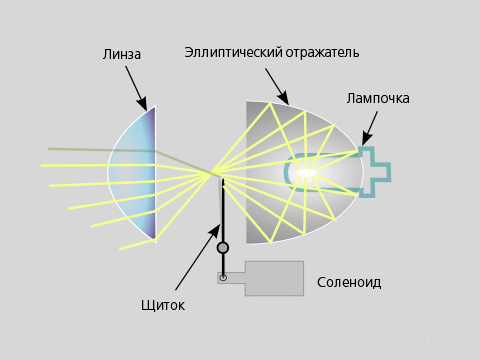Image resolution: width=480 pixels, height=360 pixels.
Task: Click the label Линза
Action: pos(122,54)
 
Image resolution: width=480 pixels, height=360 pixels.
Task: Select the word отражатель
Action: pos(322,53)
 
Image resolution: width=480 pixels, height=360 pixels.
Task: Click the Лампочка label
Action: pos(378,98)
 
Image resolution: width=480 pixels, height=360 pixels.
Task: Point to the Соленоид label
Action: pos(349,283)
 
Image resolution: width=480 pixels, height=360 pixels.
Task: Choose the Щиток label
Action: pos(163,305)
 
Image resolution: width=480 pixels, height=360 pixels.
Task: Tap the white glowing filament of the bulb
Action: pos(306,173)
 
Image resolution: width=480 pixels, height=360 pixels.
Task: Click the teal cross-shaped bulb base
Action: pos(375,171)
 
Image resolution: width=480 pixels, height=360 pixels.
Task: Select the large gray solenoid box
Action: pos(274,278)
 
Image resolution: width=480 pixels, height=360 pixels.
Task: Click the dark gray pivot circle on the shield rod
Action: pos(223,248)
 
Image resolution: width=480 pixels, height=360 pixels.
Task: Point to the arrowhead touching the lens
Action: pos(142,104)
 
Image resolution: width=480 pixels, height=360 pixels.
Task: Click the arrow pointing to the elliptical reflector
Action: pos(277,87)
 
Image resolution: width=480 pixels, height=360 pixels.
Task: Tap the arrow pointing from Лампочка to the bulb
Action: pos(370,129)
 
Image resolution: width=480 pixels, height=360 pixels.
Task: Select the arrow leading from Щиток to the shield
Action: pos(198,257)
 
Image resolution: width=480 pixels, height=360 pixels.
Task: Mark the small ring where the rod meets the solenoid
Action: pos(223,277)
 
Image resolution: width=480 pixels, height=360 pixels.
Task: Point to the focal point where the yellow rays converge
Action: pos(211,173)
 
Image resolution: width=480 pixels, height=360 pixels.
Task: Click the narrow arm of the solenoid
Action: pos(231,278)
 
